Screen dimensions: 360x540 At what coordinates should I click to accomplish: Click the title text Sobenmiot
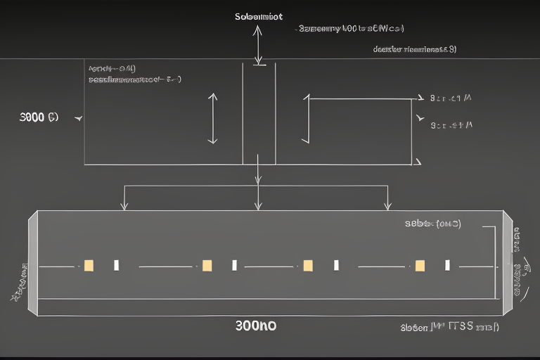click(x=259, y=16)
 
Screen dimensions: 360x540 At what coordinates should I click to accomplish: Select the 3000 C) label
click(x=39, y=117)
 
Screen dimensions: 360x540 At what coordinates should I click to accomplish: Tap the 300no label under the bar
click(x=257, y=326)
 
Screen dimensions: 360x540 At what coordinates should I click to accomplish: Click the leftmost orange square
click(x=89, y=265)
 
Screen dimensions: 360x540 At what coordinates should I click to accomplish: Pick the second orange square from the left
click(x=207, y=265)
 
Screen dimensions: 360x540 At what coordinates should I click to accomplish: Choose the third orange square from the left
click(x=307, y=265)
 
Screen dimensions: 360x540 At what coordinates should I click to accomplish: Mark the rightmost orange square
click(x=420, y=265)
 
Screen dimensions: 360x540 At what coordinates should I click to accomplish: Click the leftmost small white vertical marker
click(x=116, y=265)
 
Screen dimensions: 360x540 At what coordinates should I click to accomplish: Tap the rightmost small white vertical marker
click(x=447, y=265)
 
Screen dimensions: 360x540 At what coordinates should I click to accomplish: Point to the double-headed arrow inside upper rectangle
click(x=212, y=118)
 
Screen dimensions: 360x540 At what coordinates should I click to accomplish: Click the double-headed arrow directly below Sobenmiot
click(x=259, y=46)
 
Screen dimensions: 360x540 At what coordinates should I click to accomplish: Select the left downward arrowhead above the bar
click(x=124, y=205)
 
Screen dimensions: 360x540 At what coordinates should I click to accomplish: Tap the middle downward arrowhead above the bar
click(x=258, y=205)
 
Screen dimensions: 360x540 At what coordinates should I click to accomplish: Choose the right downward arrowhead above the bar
click(x=387, y=205)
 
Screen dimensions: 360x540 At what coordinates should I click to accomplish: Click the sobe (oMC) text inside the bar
click(x=432, y=224)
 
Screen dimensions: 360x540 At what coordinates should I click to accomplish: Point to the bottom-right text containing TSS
click(x=449, y=327)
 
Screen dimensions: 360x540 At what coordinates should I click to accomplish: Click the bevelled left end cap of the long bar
click(x=32, y=264)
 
